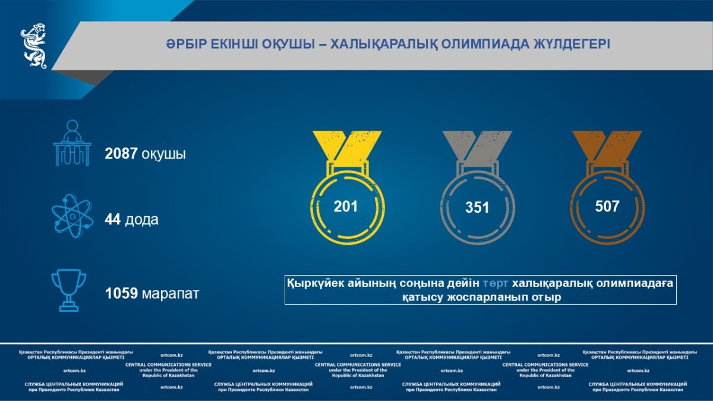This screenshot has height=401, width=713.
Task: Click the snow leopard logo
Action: coord(34,46)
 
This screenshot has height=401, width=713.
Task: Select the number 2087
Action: coord(121,153)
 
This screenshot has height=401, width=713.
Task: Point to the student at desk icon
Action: coord(72,143)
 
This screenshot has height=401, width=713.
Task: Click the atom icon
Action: coord(72,216)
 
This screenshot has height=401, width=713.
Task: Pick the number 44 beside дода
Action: coord(113,219)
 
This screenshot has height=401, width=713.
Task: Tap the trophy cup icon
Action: coord(69,291)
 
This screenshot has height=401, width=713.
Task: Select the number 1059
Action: coord(121,293)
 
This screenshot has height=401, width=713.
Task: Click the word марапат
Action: coord(171,294)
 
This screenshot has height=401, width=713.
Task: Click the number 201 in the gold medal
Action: coord(346,207)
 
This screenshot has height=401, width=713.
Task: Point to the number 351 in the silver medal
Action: coord(477,207)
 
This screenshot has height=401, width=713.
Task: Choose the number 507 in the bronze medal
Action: coord(607,206)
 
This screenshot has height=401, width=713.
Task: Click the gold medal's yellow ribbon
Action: coord(348,146)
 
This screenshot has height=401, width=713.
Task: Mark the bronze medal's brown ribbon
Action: coord(607,146)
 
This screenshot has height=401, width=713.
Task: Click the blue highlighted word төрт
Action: coord(496,283)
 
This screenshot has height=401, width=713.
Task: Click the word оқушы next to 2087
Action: coord(163,154)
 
